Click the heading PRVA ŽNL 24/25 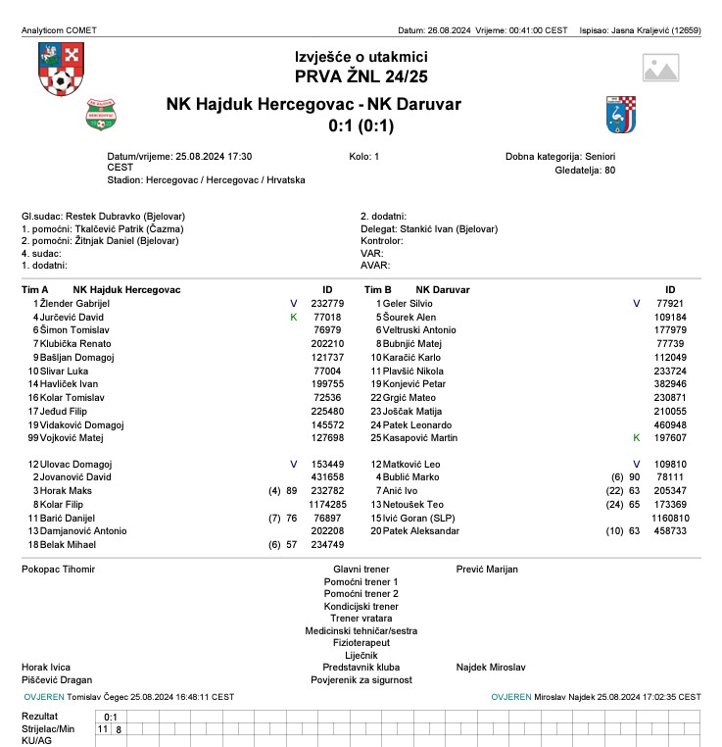(361, 75)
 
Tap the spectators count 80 (609, 170)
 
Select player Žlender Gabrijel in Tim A (75, 304)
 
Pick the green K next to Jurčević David (293, 318)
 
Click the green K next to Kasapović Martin (636, 438)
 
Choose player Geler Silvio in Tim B (408, 304)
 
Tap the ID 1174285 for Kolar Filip (327, 504)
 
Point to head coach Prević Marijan (487, 569)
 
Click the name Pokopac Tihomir (59, 569)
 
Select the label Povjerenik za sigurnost (361, 679)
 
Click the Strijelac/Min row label (48, 729)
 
